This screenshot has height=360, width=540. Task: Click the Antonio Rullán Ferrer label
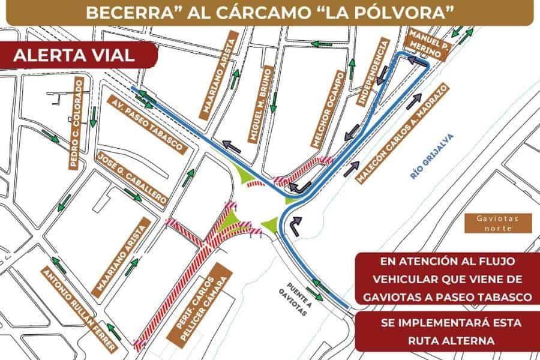[77, 310]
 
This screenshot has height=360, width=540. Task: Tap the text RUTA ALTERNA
[451, 340]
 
